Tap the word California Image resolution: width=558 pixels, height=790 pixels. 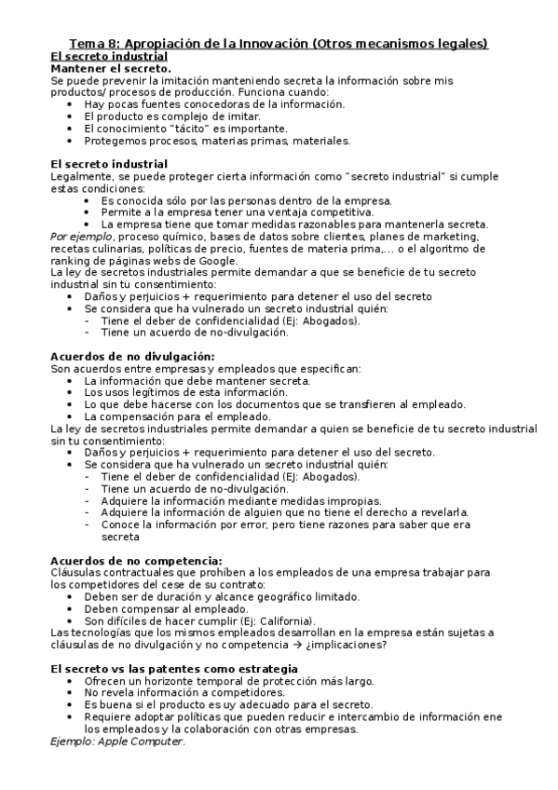pos(282,621)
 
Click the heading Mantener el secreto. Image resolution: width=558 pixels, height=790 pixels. pos(111,68)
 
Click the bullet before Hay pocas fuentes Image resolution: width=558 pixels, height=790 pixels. pos(73,104)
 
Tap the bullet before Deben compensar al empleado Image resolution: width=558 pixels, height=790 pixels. pos(73,609)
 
